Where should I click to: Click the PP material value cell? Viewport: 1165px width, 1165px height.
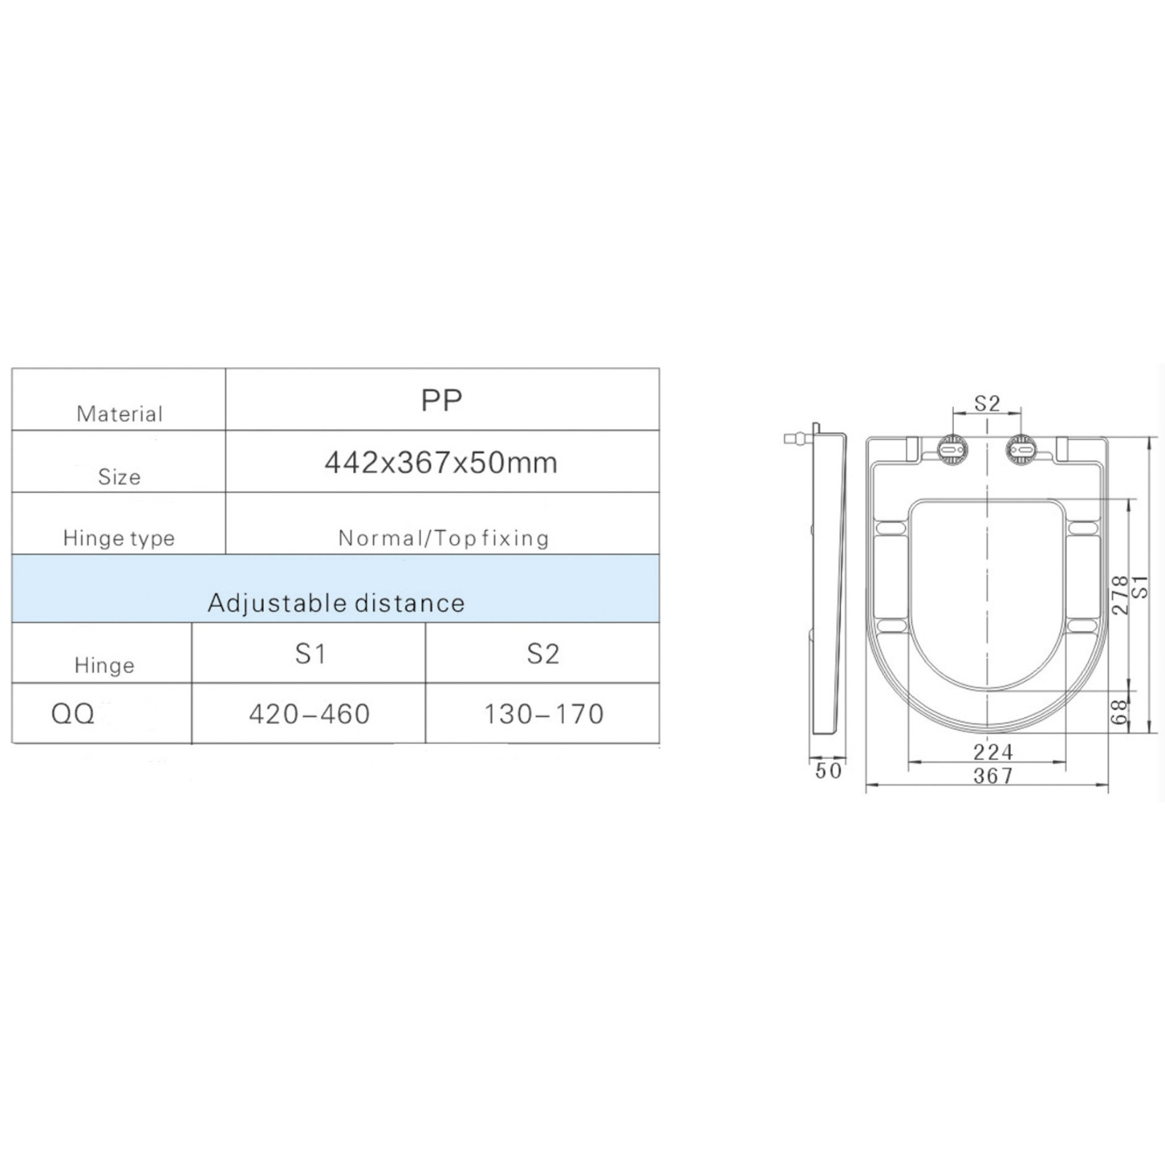441,400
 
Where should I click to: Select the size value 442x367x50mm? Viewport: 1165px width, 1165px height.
441,463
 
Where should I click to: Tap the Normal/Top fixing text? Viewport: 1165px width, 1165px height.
443,538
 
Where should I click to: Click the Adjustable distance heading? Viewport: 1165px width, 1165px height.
336,603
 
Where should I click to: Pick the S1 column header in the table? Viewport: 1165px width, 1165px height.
310,654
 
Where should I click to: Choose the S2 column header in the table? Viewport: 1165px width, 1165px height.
543,654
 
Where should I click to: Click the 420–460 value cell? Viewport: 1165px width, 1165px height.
309,714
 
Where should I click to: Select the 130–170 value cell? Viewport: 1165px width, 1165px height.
544,714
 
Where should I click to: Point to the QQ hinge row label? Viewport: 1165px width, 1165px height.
73,714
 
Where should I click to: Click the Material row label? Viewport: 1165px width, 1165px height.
119,414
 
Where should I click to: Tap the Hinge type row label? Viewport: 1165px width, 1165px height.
119,538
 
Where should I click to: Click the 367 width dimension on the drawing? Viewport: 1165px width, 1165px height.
993,776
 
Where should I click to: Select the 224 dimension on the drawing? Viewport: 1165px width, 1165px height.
993,751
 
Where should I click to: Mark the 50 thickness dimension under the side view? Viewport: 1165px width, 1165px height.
829,771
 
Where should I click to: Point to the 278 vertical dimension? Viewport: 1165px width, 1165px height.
1120,595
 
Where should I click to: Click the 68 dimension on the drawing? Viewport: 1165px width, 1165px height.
1120,712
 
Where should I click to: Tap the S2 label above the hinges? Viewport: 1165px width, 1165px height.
987,403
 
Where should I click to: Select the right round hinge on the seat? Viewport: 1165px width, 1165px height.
1022,451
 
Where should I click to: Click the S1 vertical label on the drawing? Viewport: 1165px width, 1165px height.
1141,587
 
